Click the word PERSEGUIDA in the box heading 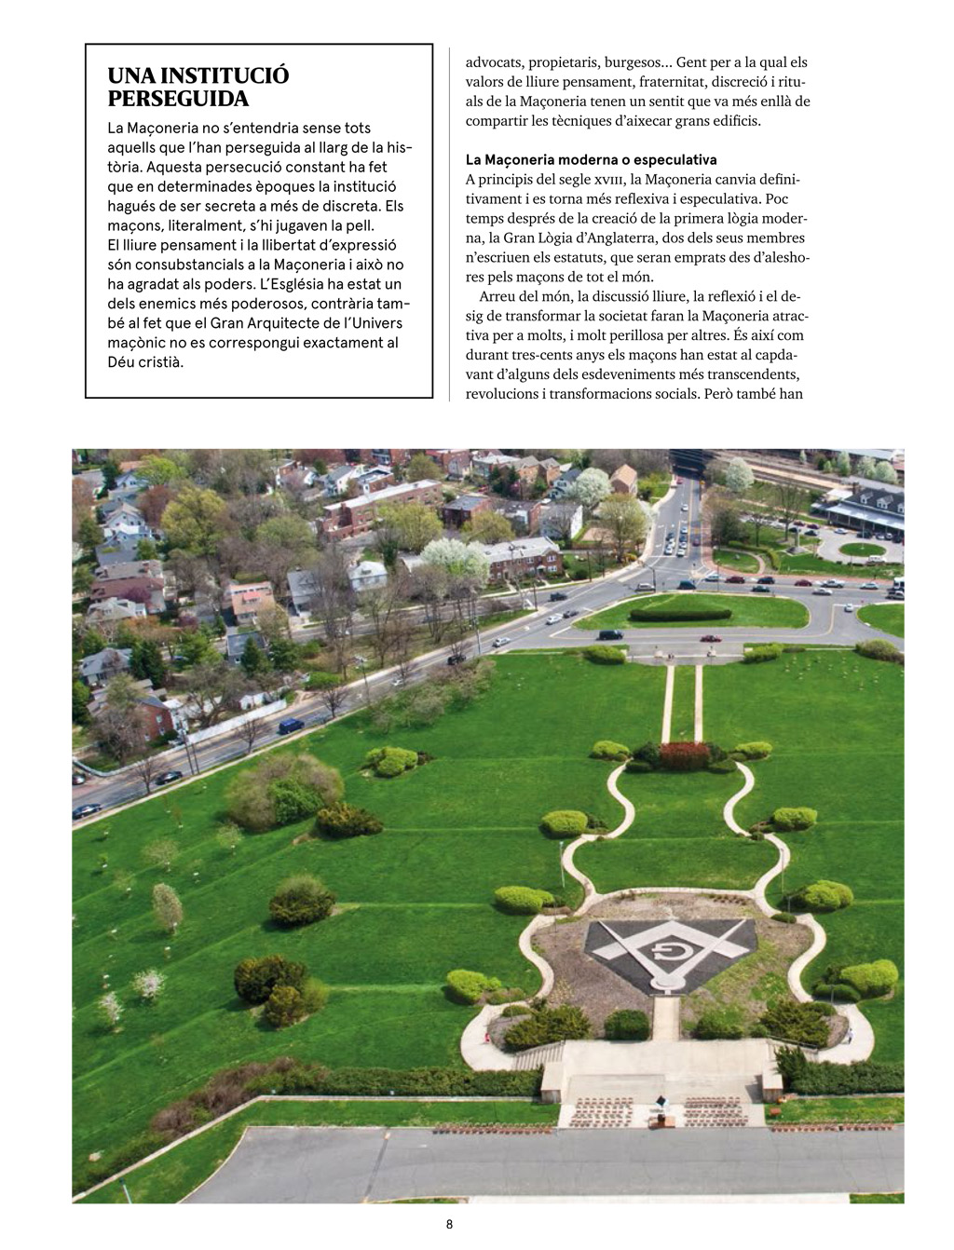178,99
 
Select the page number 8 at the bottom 448,1225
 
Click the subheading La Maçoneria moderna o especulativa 591,160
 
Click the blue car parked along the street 292,724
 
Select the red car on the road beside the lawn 711,638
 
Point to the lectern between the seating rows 667,1114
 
